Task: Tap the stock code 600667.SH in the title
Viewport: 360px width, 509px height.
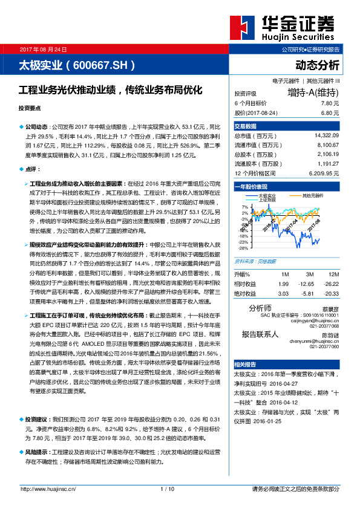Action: (x=101, y=65)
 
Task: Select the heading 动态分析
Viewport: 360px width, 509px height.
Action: (x=318, y=65)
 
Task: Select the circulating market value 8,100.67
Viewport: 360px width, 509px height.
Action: (x=327, y=145)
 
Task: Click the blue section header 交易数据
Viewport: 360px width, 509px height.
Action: (x=246, y=126)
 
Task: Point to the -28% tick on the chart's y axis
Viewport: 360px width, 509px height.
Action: (x=243, y=248)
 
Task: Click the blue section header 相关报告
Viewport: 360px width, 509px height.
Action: (x=246, y=365)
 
